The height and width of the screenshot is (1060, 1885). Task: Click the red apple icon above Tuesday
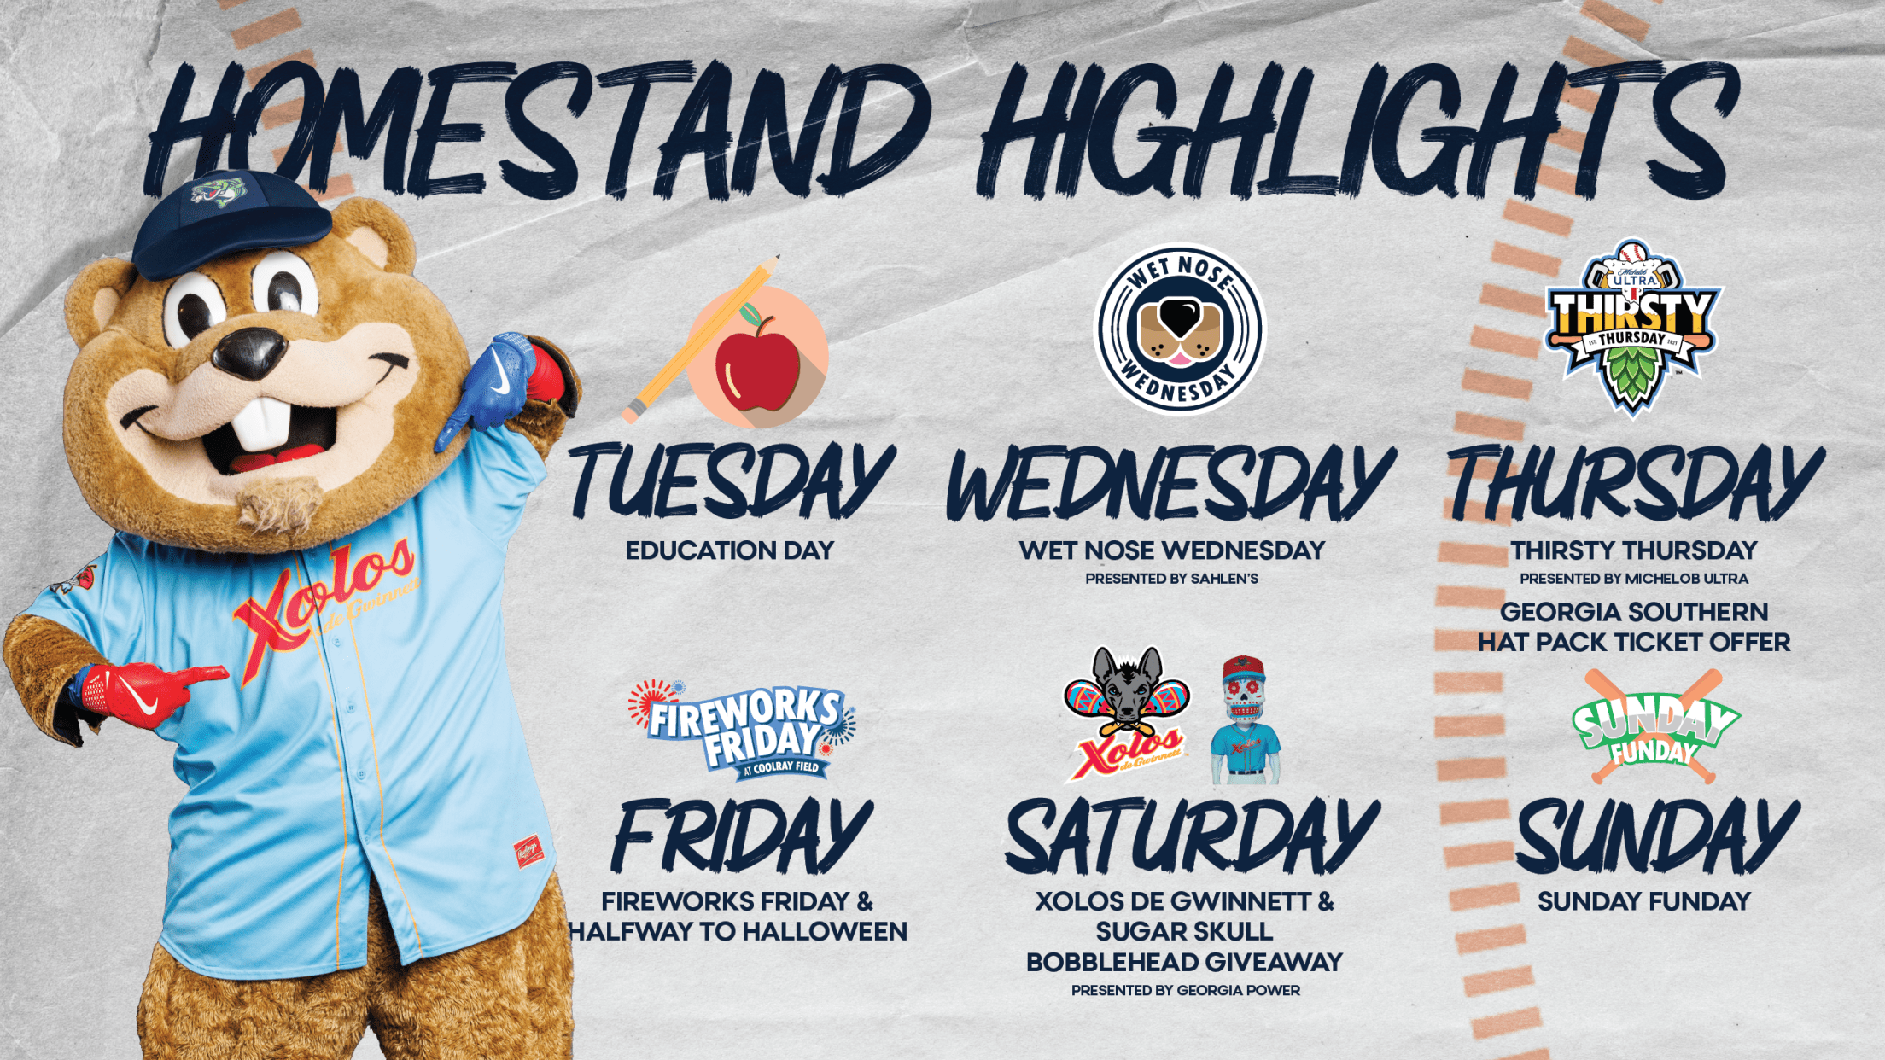pyautogui.click(x=757, y=367)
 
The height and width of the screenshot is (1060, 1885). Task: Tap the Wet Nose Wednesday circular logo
pyautogui.click(x=1180, y=329)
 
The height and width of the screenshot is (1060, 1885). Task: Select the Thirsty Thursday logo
pyautogui.click(x=1632, y=327)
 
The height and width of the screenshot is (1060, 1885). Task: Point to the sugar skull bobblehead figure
pyautogui.click(x=1245, y=719)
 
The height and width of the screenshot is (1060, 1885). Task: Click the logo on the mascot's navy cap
pyautogui.click(x=219, y=190)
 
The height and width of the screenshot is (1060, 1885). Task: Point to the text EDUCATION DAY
pyautogui.click(x=730, y=550)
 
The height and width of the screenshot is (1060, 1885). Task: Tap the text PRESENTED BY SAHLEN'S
pyautogui.click(x=1172, y=579)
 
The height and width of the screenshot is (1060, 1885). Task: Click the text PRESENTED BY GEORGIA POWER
pyautogui.click(x=1186, y=990)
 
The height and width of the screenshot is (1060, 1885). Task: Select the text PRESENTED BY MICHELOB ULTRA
pyautogui.click(x=1634, y=579)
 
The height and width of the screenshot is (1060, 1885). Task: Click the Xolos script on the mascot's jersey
pyautogui.click(x=324, y=597)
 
